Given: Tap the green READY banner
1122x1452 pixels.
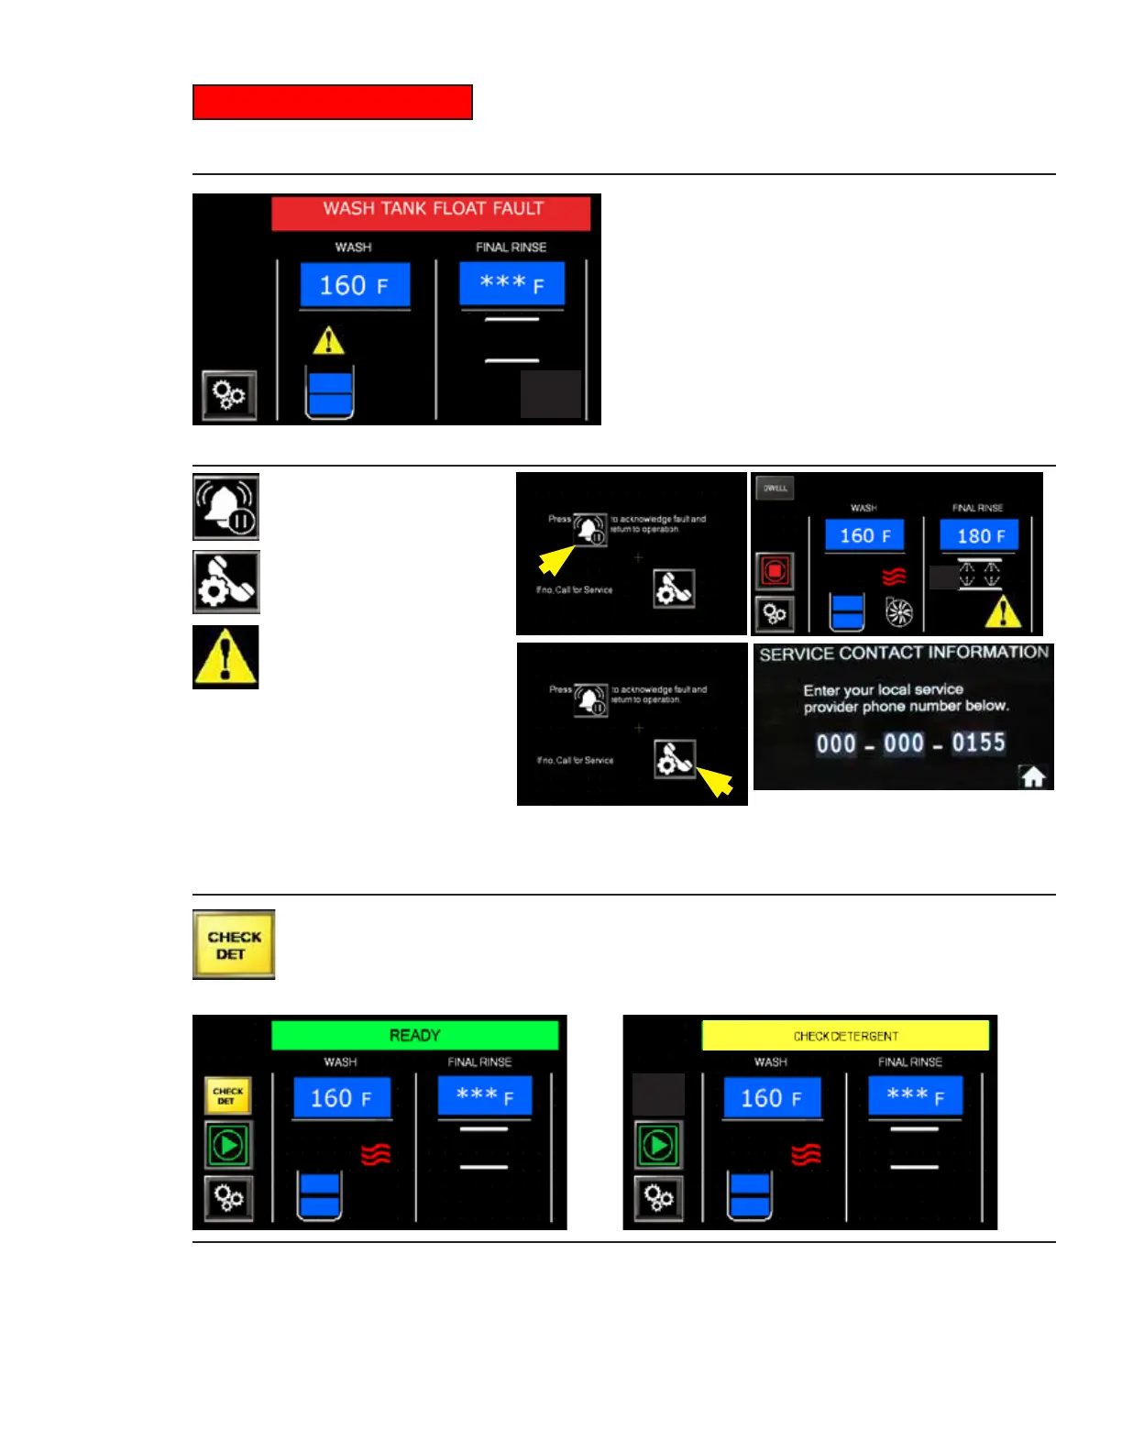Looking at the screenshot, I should pyautogui.click(x=414, y=1035).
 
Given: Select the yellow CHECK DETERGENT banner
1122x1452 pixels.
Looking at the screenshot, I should pyautogui.click(x=845, y=1036).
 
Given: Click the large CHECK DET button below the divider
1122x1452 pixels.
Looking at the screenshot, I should pyautogui.click(x=234, y=945).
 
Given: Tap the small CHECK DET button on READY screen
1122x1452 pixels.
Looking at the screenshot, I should pyautogui.click(x=227, y=1095).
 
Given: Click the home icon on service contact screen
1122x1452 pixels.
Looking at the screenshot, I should pyautogui.click(x=1033, y=777).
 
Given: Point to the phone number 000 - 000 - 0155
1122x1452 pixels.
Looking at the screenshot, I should pyautogui.click(x=910, y=743).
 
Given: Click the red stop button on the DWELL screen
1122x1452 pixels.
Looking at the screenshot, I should pyautogui.click(x=775, y=571).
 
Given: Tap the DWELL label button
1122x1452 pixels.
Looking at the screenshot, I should pyautogui.click(x=775, y=488).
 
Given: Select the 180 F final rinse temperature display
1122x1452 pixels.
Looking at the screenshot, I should pyautogui.click(x=979, y=535).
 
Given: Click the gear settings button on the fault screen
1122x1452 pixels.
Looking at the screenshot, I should pyautogui.click(x=229, y=396).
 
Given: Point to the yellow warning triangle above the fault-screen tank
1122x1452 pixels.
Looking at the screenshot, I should pyautogui.click(x=328, y=341).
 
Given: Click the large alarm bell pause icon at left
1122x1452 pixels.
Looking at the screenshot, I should pyautogui.click(x=225, y=507).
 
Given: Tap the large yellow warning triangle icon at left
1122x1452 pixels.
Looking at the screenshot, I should pyautogui.click(x=225, y=657).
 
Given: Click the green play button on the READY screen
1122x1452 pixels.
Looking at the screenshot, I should pyautogui.click(x=227, y=1145).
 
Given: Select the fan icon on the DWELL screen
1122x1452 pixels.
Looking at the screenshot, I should pyautogui.click(x=898, y=612).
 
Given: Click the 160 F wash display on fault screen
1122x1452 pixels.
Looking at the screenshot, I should pyautogui.click(x=355, y=285).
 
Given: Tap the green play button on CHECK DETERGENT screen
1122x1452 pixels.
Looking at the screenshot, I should pyautogui.click(x=658, y=1145).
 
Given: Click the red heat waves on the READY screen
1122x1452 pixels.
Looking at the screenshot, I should pyautogui.click(x=376, y=1154).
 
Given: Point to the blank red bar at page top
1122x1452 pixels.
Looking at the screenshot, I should pyautogui.click(x=332, y=103).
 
